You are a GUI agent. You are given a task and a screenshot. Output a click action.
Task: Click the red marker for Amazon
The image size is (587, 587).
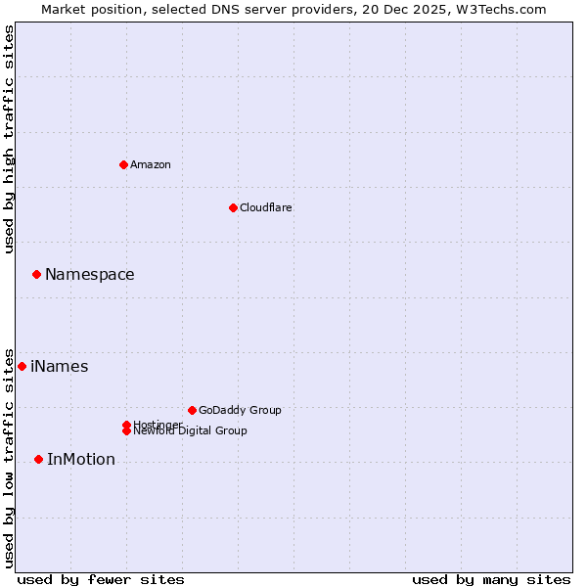pos(123,164)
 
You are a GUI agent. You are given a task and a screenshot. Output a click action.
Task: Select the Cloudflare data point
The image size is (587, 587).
pos(233,207)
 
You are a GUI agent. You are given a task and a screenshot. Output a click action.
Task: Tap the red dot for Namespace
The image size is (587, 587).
pos(36,275)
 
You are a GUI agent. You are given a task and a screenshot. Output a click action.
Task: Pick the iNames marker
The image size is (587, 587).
pos(22,366)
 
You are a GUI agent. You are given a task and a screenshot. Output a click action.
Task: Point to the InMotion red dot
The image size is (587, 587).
pos(38,459)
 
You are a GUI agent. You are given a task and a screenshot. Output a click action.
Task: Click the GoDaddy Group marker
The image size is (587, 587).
pos(192,410)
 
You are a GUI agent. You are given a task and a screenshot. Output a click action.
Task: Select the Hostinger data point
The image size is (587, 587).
pos(126,425)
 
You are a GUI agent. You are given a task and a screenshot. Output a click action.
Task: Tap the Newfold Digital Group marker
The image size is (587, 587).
pos(126,431)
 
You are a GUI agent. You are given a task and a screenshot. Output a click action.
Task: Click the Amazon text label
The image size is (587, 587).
pos(151,164)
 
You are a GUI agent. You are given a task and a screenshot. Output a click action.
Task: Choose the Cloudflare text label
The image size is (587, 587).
pos(266,207)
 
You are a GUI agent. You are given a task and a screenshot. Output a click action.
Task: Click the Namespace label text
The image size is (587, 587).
pos(90,275)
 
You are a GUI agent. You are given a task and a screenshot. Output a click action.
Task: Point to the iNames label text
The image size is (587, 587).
pos(60,367)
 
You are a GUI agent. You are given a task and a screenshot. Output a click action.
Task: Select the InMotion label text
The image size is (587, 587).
pos(81,460)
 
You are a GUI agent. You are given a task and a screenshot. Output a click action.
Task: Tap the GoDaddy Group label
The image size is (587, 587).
pos(240,410)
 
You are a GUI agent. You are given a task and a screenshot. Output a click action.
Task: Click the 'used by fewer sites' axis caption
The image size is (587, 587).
pos(101,579)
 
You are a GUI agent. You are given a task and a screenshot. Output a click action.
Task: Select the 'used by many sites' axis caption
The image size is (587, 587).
pos(491,579)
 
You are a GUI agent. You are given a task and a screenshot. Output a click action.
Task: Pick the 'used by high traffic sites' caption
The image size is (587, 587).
pos(9,139)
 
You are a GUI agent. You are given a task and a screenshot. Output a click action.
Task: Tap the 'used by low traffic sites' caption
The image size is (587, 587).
pos(9,457)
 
